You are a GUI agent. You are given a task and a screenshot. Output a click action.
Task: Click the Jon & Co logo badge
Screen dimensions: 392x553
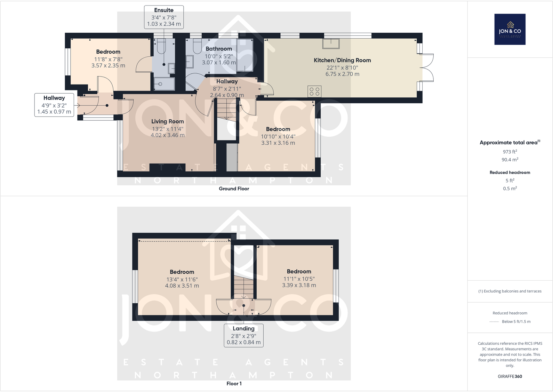[510, 29]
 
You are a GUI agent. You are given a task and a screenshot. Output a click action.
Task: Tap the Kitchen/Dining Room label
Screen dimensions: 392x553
[342, 60]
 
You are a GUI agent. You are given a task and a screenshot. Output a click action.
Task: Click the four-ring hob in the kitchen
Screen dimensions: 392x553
[314, 91]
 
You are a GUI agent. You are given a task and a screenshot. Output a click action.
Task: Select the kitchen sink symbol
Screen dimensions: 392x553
[331, 44]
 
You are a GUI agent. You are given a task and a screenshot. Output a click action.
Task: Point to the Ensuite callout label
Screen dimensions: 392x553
[164, 17]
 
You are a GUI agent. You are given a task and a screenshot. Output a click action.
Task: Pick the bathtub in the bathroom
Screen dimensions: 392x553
[245, 55]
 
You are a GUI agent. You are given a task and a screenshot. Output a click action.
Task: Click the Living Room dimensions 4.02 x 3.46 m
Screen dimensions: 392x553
[168, 135]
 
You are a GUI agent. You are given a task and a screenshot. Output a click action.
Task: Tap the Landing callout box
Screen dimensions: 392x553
[243, 335]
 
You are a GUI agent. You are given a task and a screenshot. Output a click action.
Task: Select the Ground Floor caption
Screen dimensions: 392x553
[234, 189]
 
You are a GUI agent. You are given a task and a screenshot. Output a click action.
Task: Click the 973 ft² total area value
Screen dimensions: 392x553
[510, 152]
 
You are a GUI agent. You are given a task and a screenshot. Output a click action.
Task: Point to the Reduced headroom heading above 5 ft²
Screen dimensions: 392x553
[510, 173]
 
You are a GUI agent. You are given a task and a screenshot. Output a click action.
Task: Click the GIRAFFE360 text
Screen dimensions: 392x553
[510, 376]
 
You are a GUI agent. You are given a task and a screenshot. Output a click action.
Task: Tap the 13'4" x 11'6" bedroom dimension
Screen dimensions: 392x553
[182, 279]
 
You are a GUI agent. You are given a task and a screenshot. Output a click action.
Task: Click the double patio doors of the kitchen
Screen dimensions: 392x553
[428, 68]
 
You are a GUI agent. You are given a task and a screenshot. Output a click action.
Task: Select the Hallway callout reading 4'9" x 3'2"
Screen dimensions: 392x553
[54, 105]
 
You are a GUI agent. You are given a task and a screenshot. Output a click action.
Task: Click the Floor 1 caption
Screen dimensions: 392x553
[234, 384]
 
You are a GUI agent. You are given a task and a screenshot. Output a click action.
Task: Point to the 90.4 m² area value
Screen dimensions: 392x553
[510, 160]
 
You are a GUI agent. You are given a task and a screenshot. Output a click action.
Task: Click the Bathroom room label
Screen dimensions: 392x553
[218, 49]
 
